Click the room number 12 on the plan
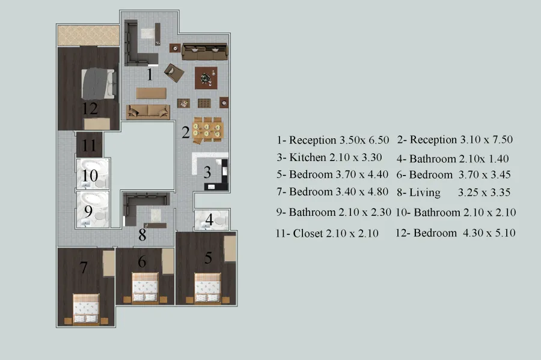tap(90, 109)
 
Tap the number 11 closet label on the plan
tap(89, 145)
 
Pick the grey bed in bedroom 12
tap(98, 84)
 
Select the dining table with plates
tap(207, 130)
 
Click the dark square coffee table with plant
tap(206, 78)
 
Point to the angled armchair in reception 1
tap(174, 72)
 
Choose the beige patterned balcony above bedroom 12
tap(88, 35)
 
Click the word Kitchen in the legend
tap(307, 157)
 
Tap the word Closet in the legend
tap(308, 233)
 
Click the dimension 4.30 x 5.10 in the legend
tap(489, 233)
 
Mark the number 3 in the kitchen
tap(207, 172)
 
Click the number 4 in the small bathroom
tap(209, 219)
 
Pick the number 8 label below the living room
tap(142, 235)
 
